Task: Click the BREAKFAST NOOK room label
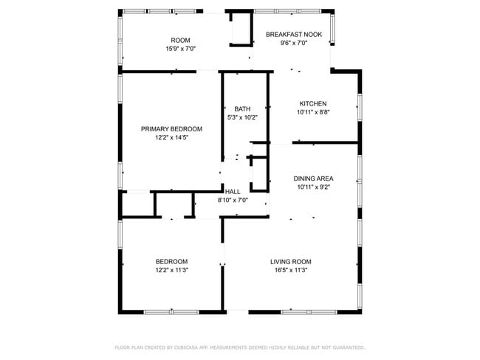294,35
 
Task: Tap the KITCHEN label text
312,104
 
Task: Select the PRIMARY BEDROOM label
171,129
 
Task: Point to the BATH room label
241,108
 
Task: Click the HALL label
233,192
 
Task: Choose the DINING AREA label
313,179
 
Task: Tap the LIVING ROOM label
290,262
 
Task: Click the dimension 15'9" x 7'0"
180,49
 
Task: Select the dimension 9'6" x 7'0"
293,44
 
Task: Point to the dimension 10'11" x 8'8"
312,113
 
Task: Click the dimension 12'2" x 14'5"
171,138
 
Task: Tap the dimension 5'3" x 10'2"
241,117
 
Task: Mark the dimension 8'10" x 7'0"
233,200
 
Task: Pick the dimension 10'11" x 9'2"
313,187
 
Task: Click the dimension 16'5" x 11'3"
290,271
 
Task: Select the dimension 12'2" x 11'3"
171,271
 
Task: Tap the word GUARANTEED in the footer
345,347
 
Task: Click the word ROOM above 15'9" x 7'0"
180,40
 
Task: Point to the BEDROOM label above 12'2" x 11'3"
171,262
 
